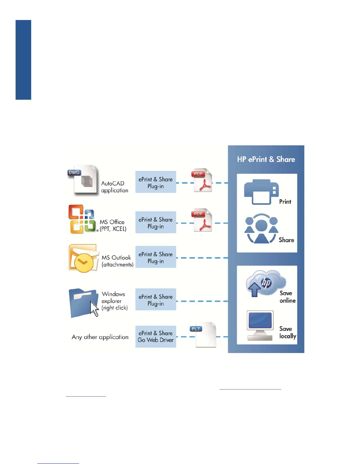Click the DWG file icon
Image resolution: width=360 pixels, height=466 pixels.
point(83,180)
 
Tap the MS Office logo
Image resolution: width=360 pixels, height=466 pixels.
point(82,219)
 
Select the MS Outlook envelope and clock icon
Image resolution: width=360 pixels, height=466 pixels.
point(83,258)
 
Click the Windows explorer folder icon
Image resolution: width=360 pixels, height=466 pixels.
point(83,302)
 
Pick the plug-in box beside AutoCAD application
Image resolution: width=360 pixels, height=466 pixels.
point(156,182)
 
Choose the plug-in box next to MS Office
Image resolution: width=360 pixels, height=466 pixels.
point(156,222)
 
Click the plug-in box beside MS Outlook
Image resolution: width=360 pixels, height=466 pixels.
point(156,257)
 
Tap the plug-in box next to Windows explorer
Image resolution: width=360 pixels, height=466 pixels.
point(156,299)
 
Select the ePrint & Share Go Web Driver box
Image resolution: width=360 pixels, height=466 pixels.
point(156,337)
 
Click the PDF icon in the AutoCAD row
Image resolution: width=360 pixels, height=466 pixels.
point(202,180)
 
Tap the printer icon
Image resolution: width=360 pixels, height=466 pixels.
point(261,192)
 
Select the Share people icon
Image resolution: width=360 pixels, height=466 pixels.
point(261,229)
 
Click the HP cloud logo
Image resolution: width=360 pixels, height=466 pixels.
point(266,283)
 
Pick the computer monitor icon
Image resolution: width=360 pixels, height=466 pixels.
point(260,325)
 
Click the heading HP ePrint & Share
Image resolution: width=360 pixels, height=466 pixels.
point(266,159)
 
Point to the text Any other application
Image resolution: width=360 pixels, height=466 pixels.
point(100,337)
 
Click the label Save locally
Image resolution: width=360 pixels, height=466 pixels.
point(287,332)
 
